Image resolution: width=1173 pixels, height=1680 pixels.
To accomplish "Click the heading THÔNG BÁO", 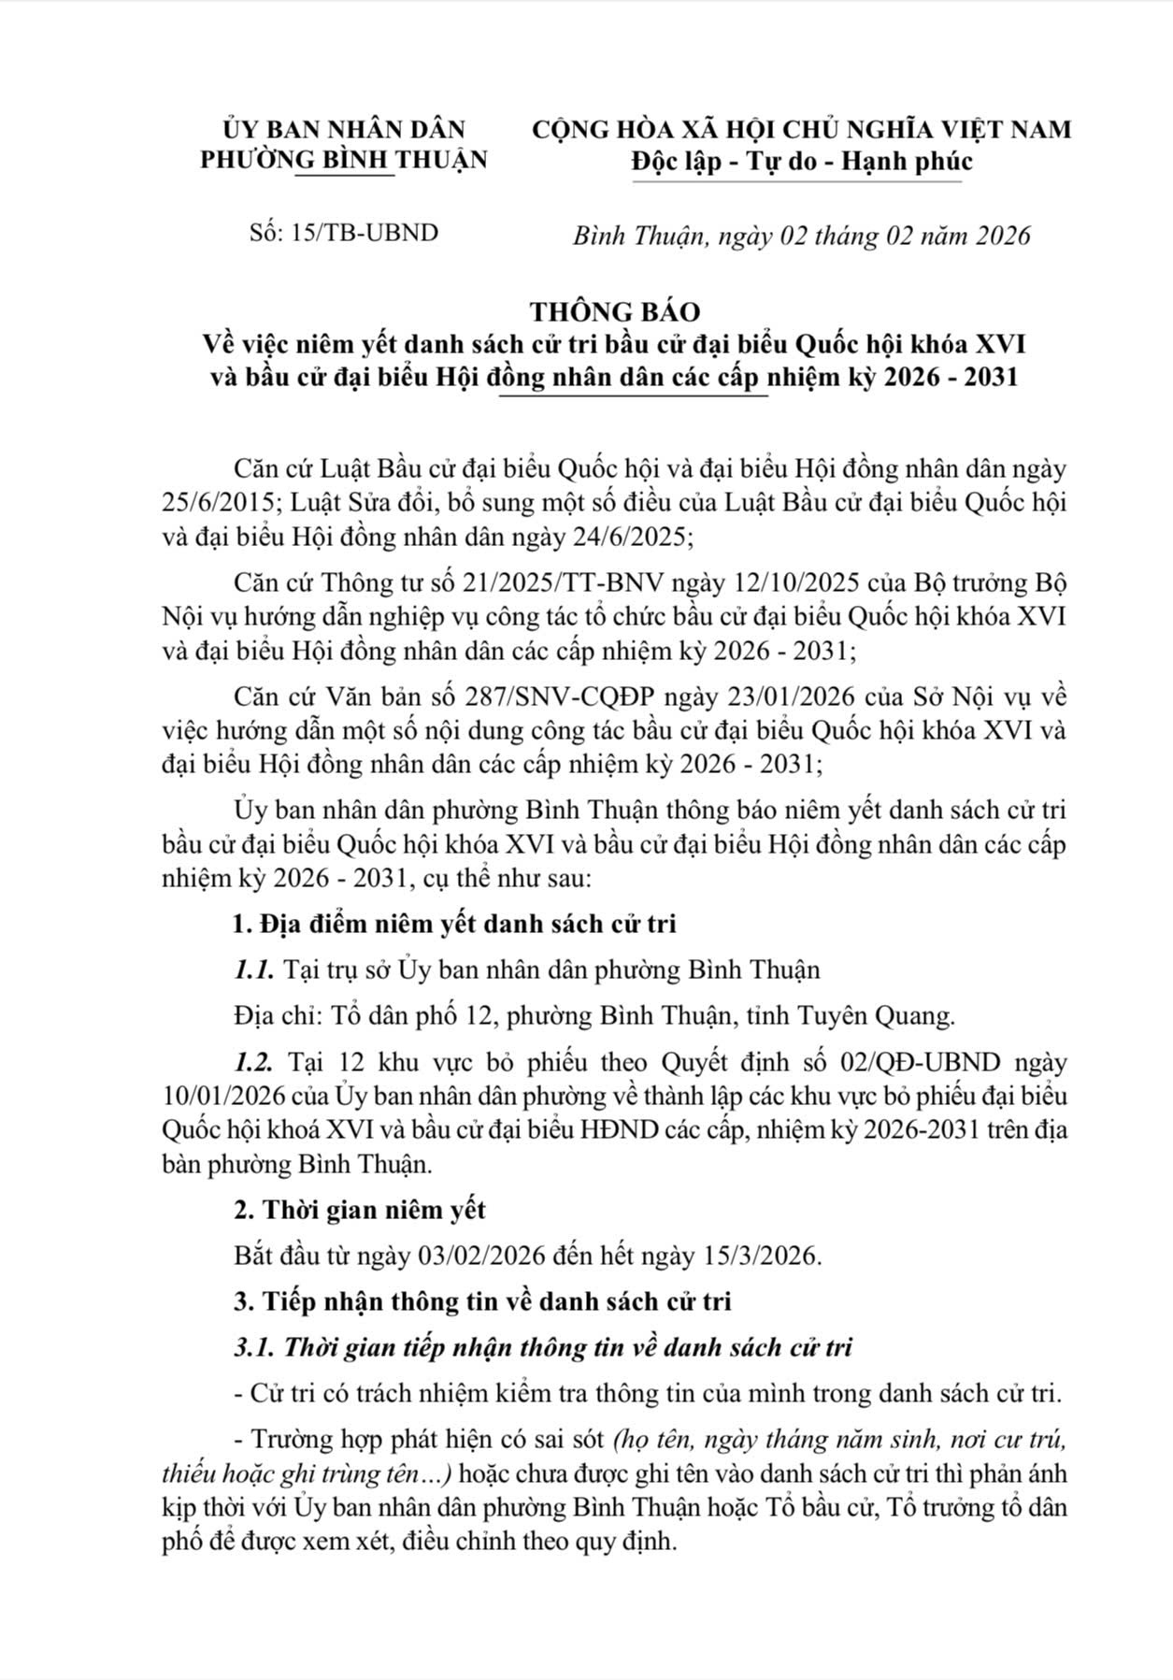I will point(615,310).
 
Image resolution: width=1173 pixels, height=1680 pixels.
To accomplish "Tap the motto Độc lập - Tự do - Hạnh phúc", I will point(802,161).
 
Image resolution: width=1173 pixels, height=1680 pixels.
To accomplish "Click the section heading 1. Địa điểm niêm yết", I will point(454,924).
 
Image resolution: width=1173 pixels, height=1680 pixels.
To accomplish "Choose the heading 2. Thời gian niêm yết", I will point(360,1210).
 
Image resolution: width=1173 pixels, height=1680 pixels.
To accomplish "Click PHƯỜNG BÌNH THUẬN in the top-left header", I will point(344,160).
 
